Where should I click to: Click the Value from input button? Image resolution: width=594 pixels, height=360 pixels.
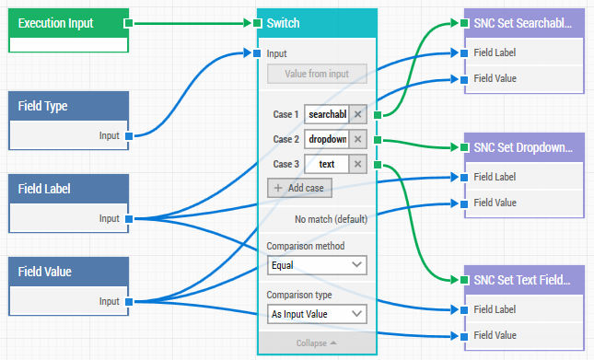[x=317, y=74]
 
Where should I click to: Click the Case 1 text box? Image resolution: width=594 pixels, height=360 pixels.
[x=327, y=114]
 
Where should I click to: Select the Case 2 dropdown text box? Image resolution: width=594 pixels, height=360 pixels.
[x=327, y=139]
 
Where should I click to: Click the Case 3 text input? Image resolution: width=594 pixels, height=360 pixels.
[x=327, y=164]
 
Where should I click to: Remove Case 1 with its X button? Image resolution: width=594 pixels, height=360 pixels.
[x=358, y=114]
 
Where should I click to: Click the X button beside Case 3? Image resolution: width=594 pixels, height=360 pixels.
[x=358, y=164]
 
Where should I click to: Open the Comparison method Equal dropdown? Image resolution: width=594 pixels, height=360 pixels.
[x=317, y=265]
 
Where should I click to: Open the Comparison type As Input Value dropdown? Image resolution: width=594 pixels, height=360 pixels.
[x=317, y=314]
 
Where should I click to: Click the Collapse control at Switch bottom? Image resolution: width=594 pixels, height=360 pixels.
[x=316, y=343]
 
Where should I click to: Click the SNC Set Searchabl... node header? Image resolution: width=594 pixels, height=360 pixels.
[x=524, y=23]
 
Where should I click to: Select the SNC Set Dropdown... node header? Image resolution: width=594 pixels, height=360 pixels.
[x=524, y=147]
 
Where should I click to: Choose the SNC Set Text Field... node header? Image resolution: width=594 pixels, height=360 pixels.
[x=524, y=279]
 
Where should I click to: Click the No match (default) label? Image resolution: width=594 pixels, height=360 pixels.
[x=331, y=219]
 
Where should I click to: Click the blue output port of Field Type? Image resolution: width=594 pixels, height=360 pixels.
[x=128, y=135]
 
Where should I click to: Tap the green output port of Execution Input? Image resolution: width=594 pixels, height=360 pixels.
[x=128, y=23]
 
